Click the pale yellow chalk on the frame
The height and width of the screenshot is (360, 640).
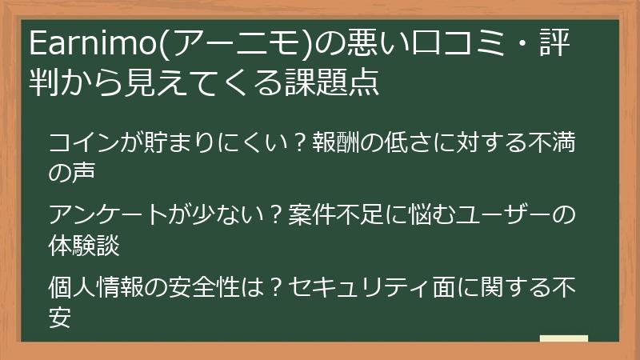tap(563, 339)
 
